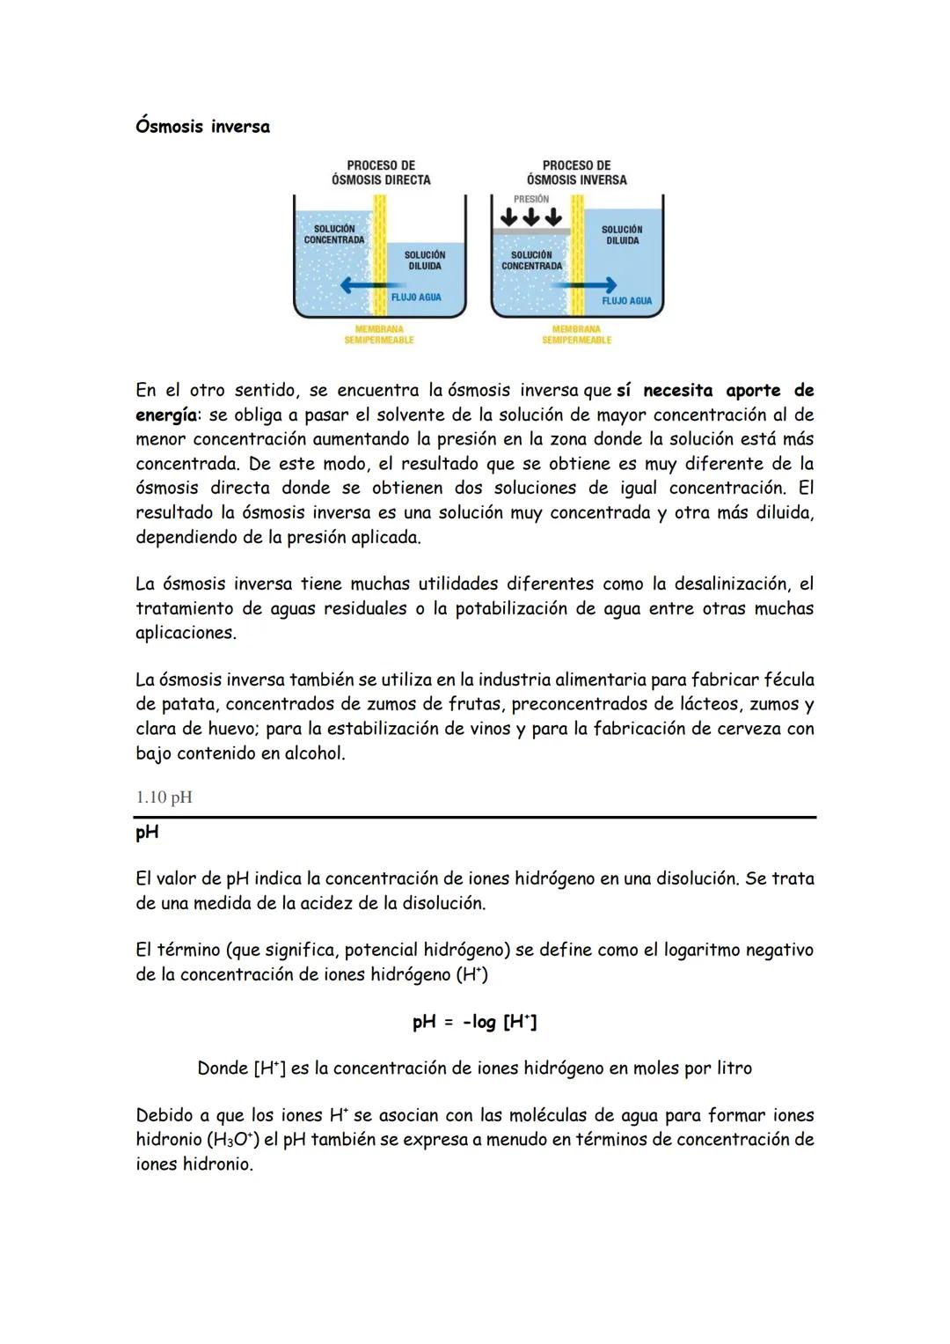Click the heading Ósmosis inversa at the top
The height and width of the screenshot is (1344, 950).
[202, 127]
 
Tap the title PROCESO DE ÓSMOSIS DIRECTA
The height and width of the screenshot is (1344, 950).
[381, 173]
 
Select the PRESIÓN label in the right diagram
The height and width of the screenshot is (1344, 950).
[531, 200]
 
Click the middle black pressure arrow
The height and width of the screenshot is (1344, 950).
[531, 217]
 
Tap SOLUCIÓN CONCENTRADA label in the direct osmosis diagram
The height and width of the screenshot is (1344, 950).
[334, 234]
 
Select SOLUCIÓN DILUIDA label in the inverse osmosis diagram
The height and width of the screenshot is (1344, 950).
[622, 235]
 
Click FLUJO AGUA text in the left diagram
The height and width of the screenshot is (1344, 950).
[416, 297]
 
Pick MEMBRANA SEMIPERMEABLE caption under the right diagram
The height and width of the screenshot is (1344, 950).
[576, 334]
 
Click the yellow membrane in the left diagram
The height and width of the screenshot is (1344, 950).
[380, 255]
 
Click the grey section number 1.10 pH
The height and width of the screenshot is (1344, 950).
[164, 797]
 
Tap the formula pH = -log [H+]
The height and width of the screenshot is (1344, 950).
[474, 1022]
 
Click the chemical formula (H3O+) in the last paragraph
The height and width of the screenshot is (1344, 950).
[232, 1140]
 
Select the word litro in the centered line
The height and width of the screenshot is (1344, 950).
[730, 1069]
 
